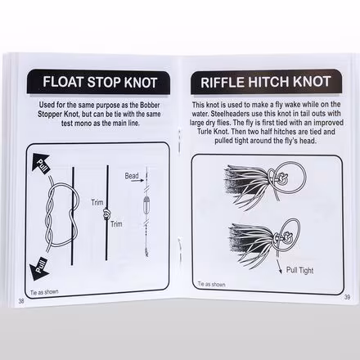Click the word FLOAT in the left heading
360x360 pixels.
point(63,83)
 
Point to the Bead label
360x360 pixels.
point(131,176)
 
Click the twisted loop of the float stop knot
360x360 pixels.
point(56,217)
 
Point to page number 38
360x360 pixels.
point(20,299)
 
